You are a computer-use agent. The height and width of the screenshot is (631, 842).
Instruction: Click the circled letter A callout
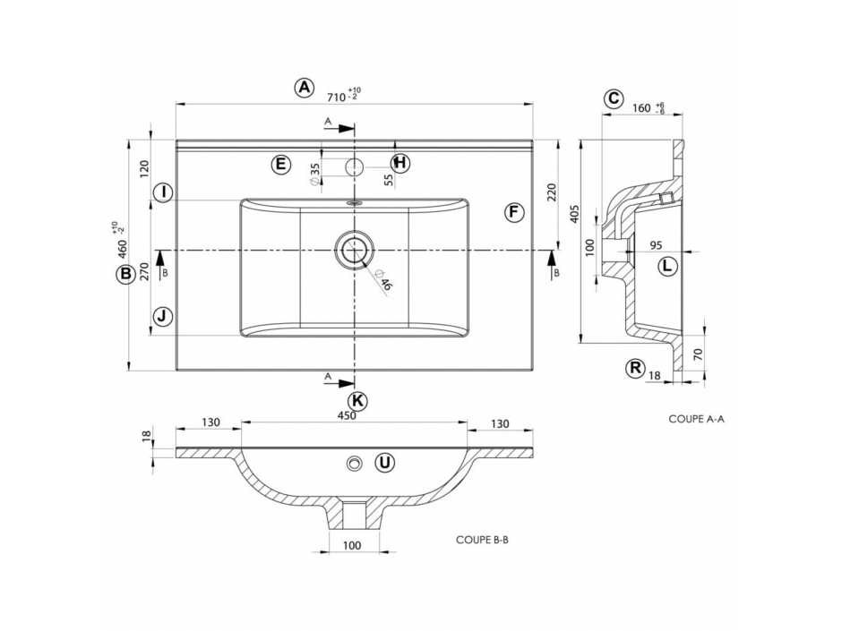(305, 87)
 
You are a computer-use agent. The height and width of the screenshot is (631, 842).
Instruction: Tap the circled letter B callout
(125, 274)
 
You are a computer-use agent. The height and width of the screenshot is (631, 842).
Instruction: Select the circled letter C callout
(613, 98)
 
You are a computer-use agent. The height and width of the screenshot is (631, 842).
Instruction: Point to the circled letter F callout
(514, 212)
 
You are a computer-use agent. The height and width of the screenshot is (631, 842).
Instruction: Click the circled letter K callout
(357, 400)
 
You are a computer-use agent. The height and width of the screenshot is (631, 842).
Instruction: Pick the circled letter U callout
(384, 463)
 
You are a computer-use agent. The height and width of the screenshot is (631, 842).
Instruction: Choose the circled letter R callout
(636, 369)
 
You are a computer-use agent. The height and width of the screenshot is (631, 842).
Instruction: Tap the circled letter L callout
(667, 266)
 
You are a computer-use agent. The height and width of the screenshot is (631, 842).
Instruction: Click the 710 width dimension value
(336, 98)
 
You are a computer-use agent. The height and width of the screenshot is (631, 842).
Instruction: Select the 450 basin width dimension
(347, 416)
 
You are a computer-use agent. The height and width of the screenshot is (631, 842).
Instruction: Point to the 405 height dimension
(574, 214)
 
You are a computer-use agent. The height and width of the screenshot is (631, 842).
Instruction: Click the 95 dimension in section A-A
(656, 245)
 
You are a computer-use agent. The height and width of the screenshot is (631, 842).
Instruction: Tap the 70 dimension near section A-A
(698, 354)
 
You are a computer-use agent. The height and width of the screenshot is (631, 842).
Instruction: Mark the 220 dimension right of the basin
(552, 192)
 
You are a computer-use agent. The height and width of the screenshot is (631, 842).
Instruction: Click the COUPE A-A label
(696, 419)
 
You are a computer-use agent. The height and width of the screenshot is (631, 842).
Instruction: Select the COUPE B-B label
(482, 540)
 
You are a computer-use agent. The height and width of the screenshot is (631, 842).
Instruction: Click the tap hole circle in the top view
(354, 166)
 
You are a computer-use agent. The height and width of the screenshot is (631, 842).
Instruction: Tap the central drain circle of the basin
(353, 250)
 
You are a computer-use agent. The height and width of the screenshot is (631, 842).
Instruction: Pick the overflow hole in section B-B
(354, 463)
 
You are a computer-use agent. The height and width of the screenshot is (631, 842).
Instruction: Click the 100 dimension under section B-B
(351, 546)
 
